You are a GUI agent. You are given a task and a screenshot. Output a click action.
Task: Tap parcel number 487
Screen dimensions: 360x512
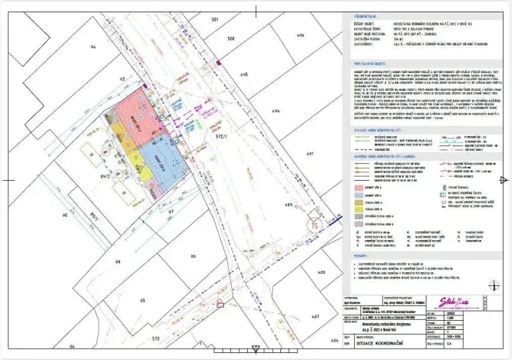click(x=314, y=316)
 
